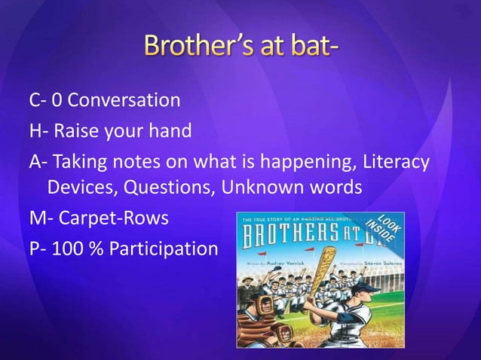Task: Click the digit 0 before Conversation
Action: tap(57, 100)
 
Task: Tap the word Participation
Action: tap(164, 249)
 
